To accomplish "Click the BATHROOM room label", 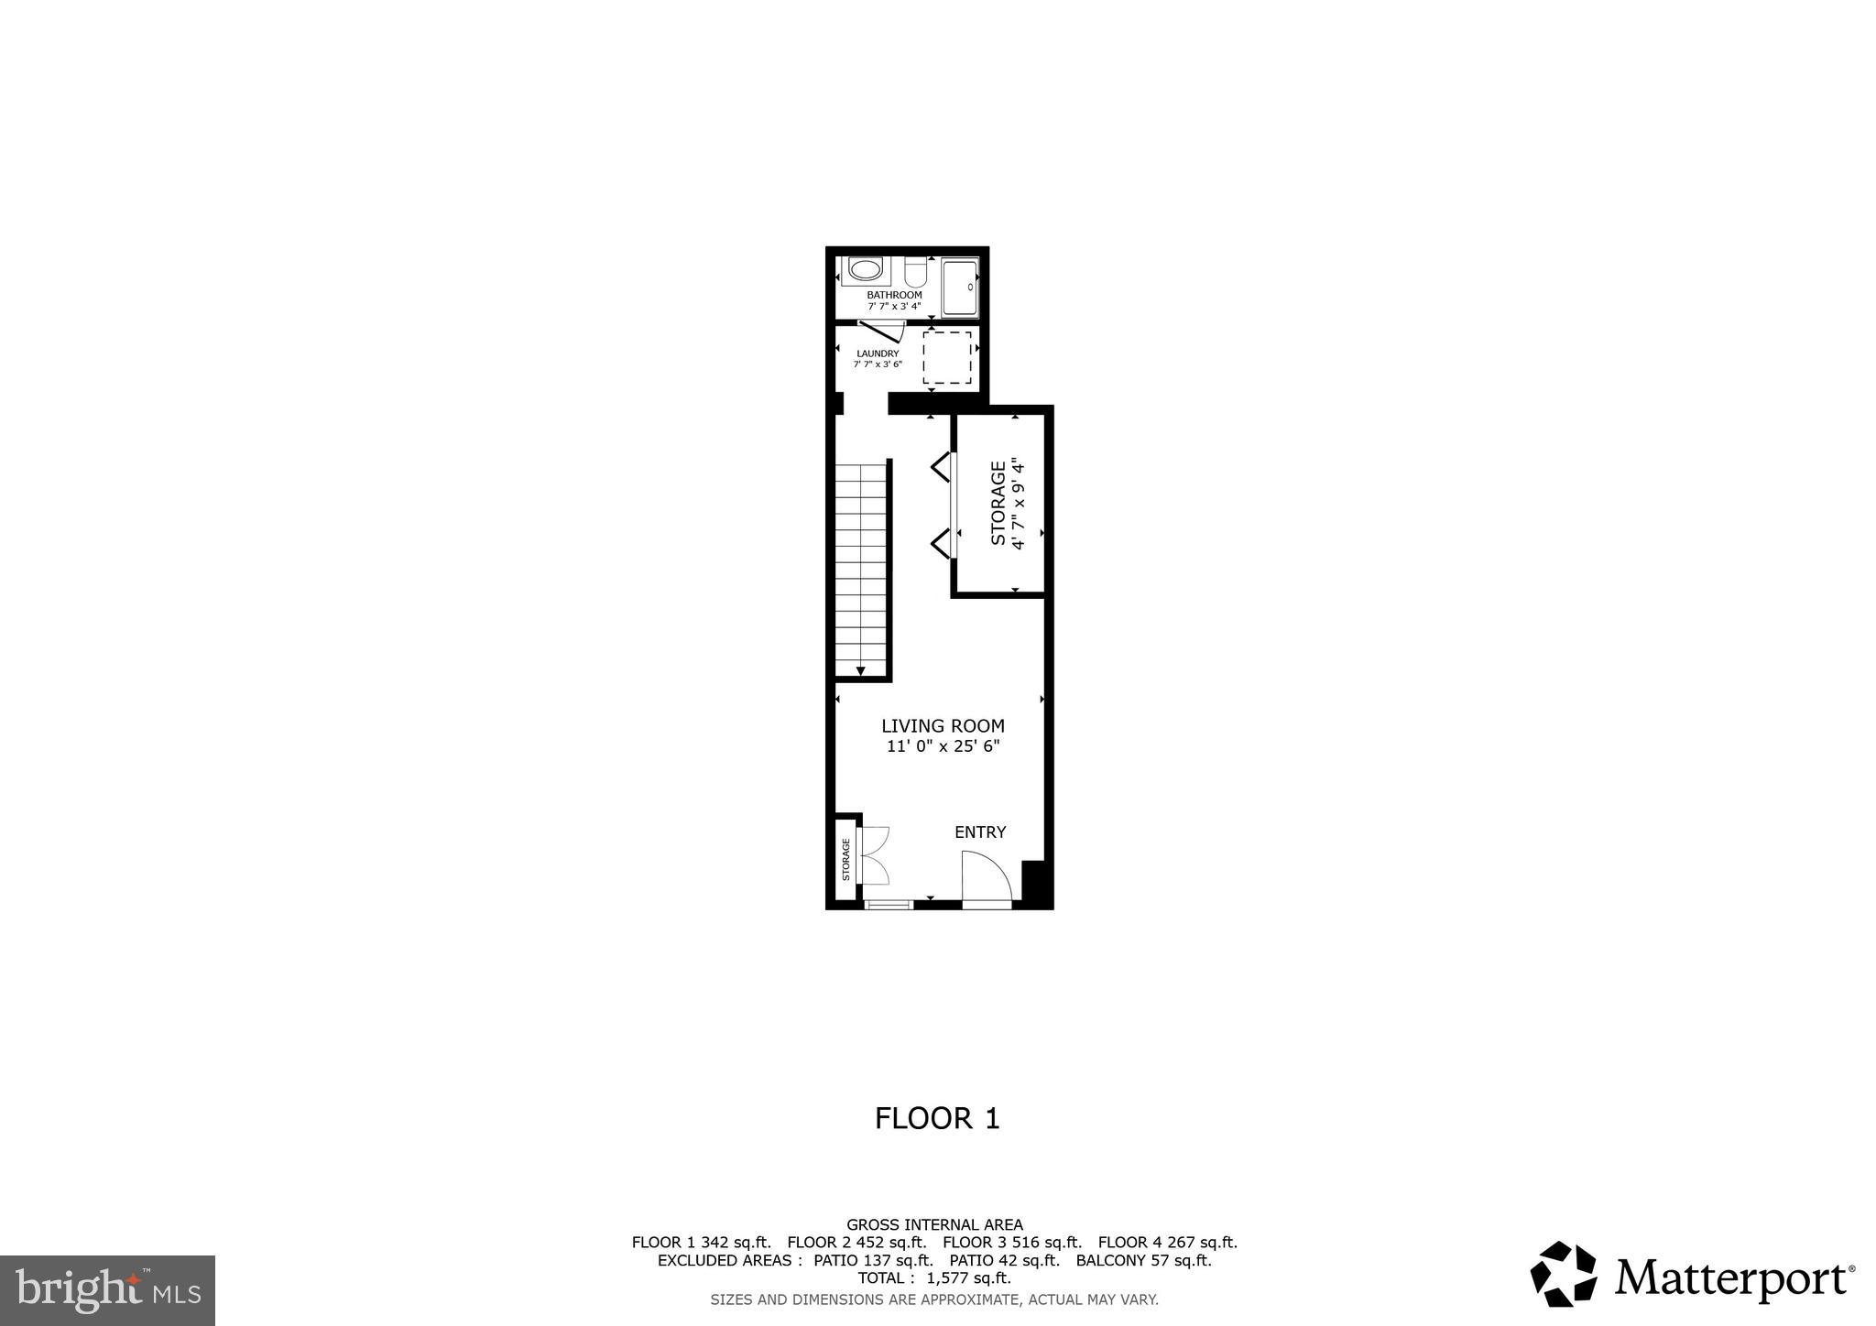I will [894, 295].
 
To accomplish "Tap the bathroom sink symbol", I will [864, 270].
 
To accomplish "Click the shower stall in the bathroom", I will [960, 288].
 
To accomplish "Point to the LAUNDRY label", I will [878, 353].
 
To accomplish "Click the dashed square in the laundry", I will [946, 357].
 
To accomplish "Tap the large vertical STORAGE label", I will [998, 503].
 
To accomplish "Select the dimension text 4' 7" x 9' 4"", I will [1018, 503].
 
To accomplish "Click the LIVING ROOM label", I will [943, 726].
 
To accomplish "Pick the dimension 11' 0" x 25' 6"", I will [943, 746].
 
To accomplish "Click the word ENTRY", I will [980, 832].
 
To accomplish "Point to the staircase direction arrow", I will [860, 671].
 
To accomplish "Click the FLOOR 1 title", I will [937, 1118].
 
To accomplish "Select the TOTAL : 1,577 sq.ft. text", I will [934, 1278].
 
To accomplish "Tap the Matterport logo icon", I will [1563, 1274].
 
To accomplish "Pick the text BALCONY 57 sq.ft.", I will [1143, 1261].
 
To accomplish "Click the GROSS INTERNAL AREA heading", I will [934, 1225].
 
